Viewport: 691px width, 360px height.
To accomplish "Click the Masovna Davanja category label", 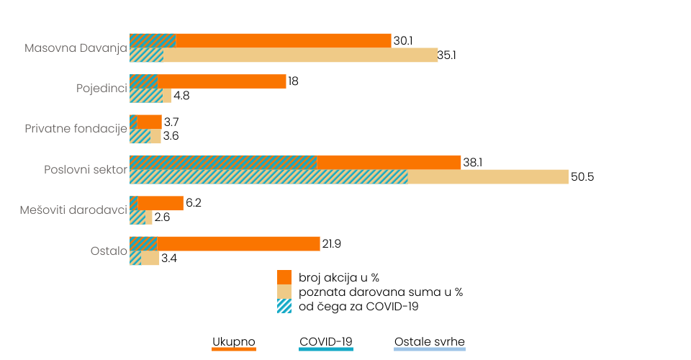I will [76, 48].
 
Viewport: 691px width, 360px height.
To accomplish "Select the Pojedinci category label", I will [101, 89].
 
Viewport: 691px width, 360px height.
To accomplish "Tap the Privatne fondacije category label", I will [76, 129].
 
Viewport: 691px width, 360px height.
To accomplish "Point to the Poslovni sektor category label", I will [86, 170].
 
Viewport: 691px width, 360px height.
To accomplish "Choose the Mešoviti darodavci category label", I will [74, 210].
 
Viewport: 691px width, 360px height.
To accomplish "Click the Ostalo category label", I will [109, 251].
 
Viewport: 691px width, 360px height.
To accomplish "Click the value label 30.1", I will [403, 41].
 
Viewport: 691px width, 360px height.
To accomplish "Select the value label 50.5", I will [582, 177].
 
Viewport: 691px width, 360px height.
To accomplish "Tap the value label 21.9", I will [331, 244].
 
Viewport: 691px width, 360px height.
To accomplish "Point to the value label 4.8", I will [181, 96].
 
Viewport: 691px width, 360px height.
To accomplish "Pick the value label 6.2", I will [194, 203].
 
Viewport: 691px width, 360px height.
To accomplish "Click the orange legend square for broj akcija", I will [284, 277].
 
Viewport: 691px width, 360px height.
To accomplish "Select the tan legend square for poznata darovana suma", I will [284, 292].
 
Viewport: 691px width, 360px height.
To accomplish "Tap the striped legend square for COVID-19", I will [284, 306].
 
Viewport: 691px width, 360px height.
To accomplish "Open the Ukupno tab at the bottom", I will [234, 341].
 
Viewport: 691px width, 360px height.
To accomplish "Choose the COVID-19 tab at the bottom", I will [326, 341].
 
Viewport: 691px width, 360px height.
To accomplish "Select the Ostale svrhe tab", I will [430, 341].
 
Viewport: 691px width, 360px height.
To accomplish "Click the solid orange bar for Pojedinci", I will [222, 81].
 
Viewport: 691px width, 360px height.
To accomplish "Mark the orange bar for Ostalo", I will [238, 244].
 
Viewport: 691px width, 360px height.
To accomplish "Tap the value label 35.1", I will [449, 55].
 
